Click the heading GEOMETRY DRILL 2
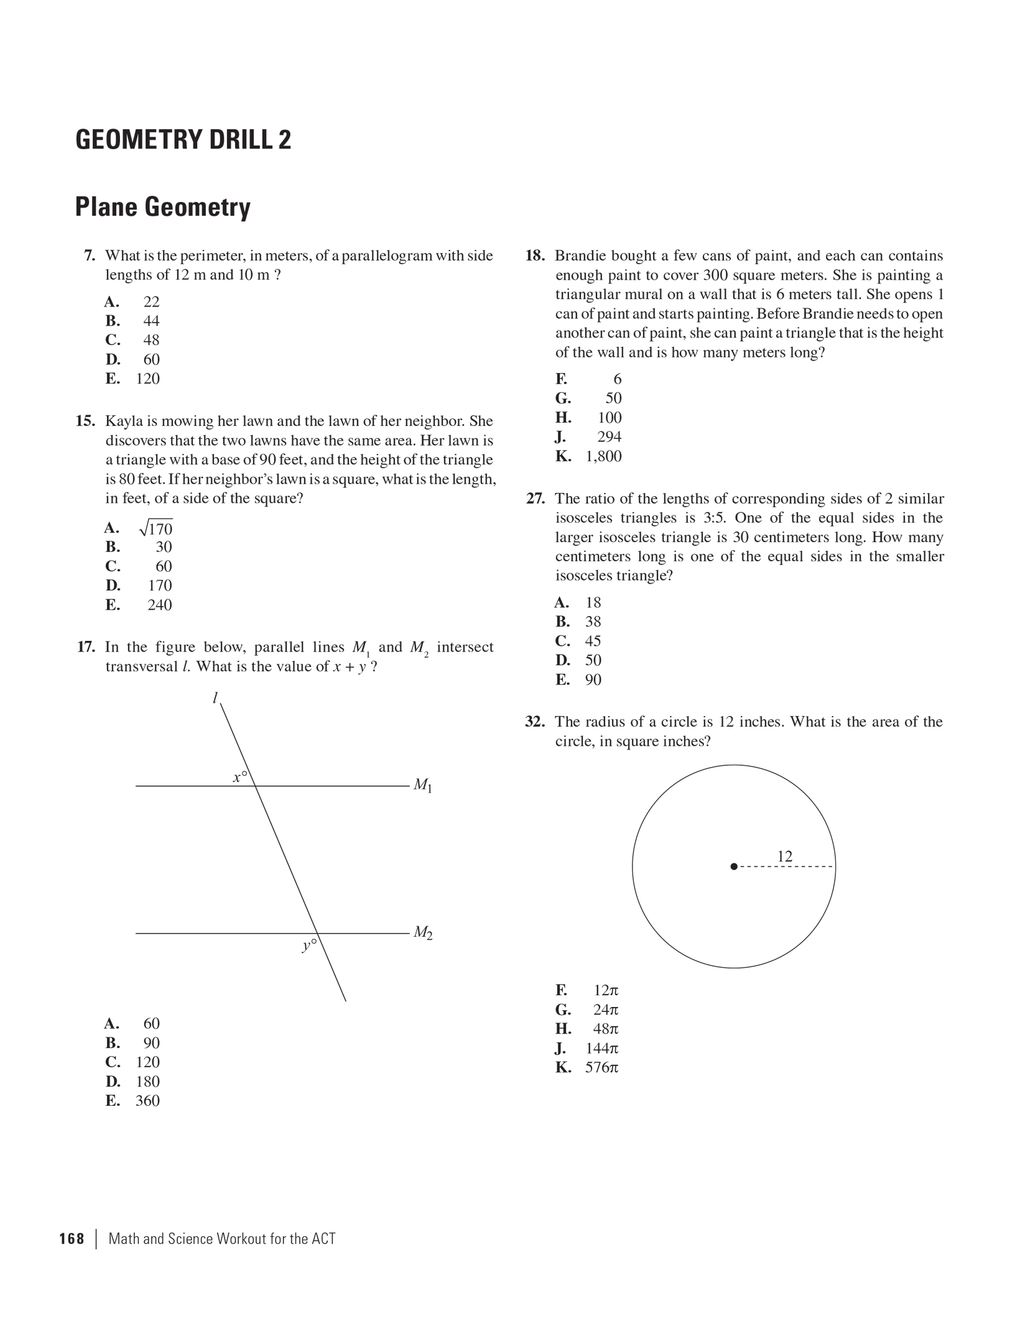(183, 139)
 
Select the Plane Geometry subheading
(162, 207)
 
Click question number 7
(90, 255)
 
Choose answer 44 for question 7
(151, 321)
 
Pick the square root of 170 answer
(156, 528)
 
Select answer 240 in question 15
(159, 605)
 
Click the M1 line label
(422, 785)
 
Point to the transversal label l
(215, 698)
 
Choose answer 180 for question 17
(147, 1081)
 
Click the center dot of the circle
(734, 866)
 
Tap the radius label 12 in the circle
(785, 856)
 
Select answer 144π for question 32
(601, 1048)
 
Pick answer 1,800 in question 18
(603, 456)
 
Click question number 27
(535, 499)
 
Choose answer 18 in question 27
(593, 602)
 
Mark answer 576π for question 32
(601, 1067)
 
